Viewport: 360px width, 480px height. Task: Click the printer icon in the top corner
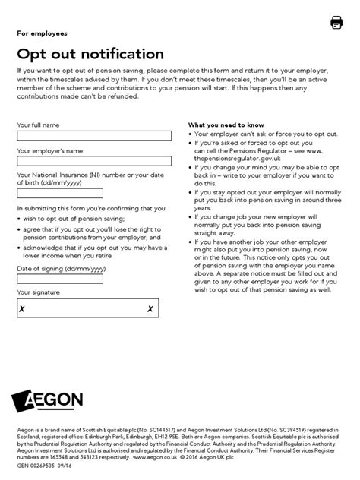coord(336,23)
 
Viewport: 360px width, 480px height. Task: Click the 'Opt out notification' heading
coord(90,54)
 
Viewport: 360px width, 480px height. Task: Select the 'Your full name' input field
coord(94,136)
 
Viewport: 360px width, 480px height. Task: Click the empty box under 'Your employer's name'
coord(94,161)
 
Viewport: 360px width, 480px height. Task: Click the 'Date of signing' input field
coord(94,279)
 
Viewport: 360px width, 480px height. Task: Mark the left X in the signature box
coord(23,308)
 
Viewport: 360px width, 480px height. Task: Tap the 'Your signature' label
coord(39,292)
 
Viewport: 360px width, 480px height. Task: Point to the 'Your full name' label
coord(38,125)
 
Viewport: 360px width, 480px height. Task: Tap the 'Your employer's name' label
coord(49,150)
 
